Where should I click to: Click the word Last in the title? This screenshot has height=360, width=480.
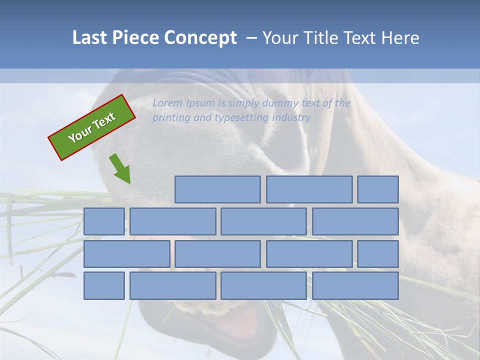(x=90, y=38)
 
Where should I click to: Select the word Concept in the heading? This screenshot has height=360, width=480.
(x=200, y=38)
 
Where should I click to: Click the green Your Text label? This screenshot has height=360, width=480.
(x=92, y=127)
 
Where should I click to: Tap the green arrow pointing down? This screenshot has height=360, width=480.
(x=120, y=168)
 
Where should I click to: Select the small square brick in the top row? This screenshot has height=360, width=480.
(x=378, y=189)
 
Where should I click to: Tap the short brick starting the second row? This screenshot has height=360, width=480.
(x=104, y=221)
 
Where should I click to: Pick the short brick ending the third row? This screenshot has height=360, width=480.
(x=378, y=254)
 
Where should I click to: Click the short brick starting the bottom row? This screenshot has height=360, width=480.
(x=104, y=285)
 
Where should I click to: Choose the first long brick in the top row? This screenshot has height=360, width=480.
(x=217, y=189)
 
